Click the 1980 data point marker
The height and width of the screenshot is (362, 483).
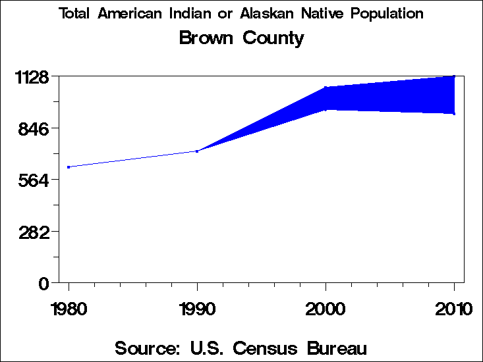point(69,167)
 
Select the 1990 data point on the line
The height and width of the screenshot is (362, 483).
point(197,151)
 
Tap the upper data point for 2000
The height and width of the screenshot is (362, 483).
point(326,88)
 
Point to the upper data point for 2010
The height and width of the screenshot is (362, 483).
point(454,76)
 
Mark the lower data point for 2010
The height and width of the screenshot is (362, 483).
point(454,114)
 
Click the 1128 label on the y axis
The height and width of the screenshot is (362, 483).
point(32,78)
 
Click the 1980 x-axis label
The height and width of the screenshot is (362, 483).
point(69,309)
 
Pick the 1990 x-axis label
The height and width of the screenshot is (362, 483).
point(197,309)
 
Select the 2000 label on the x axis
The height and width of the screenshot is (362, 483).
point(326,309)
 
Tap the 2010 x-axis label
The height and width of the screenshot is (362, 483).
point(454,309)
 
